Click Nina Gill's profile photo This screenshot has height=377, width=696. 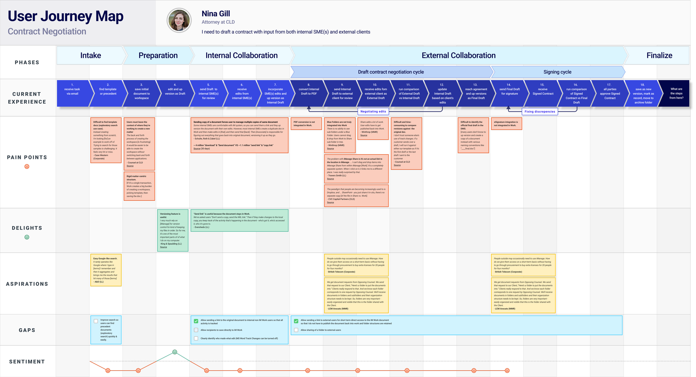point(179,20)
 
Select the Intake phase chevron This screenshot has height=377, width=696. point(90,55)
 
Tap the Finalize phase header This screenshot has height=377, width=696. point(659,55)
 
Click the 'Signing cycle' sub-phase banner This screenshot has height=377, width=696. point(557,72)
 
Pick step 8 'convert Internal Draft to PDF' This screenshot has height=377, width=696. point(308,92)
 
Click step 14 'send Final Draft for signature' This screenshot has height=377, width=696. point(509,92)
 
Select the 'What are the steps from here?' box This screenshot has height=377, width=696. point(676,93)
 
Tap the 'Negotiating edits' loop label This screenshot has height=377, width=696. point(373,111)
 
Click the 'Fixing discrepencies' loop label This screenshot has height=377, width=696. point(540,112)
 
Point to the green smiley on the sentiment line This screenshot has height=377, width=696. point(175,352)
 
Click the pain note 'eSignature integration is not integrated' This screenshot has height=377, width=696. point(506,124)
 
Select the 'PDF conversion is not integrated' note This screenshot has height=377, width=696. point(306,124)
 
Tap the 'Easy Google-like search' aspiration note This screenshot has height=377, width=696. point(106,270)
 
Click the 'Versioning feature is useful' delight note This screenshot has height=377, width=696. point(173,230)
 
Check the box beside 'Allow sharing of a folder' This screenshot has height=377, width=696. point(296,330)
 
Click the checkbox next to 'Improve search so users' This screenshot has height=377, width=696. point(96,321)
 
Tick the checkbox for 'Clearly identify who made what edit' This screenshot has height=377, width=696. point(196,339)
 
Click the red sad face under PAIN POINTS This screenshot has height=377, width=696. point(27,167)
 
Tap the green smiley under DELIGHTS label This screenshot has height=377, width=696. point(27,237)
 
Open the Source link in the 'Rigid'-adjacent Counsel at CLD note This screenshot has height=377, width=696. point(130,166)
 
